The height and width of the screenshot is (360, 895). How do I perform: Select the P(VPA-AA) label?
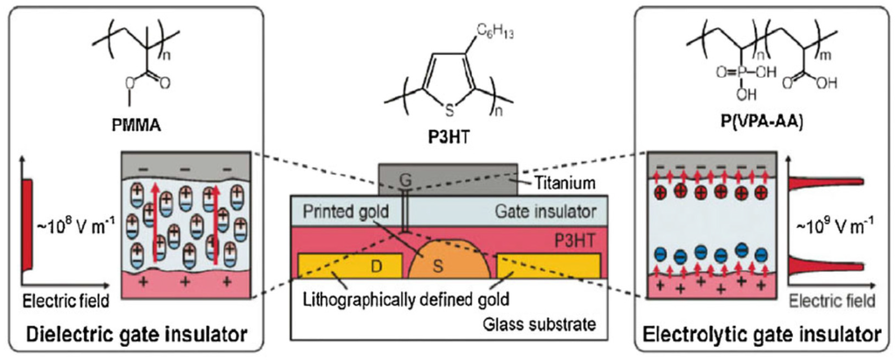[x=758, y=130]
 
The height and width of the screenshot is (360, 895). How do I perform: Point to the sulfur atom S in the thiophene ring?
[x=447, y=108]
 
